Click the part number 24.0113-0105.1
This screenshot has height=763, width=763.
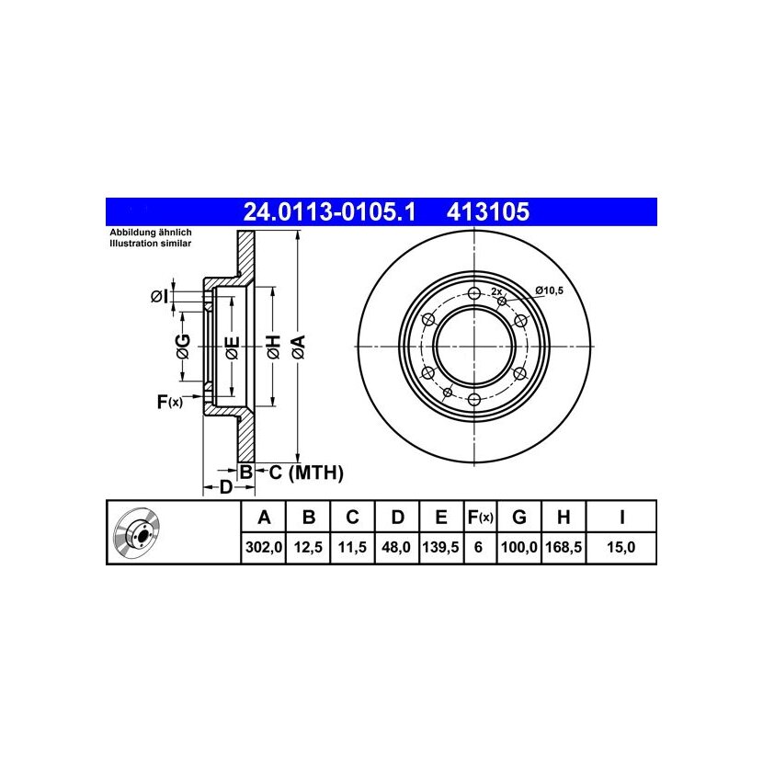(329, 212)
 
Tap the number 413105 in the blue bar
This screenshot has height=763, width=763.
(487, 212)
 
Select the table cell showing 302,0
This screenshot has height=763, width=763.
(264, 548)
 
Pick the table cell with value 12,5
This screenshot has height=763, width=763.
(308, 548)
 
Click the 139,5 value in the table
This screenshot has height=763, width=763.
(441, 548)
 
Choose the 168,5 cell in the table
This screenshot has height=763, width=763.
(564, 548)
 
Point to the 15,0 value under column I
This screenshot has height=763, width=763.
(621, 548)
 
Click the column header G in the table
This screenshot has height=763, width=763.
(519, 517)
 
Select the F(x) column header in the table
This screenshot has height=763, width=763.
(480, 517)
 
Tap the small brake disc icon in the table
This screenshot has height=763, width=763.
(137, 533)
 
